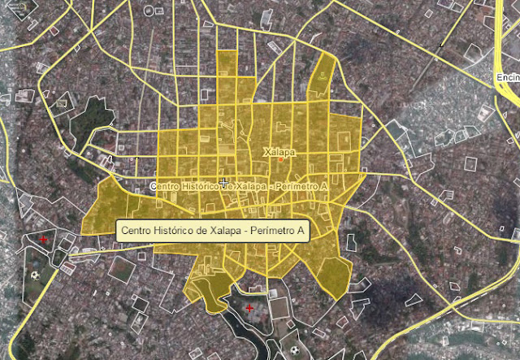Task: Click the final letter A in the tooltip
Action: (301, 232)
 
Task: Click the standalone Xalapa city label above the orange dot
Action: (279, 152)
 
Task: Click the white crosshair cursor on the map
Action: (223, 181)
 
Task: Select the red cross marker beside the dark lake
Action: (249, 309)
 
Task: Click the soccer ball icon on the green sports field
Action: (34, 275)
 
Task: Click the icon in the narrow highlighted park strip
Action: (324, 75)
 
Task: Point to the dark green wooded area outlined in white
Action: (91, 118)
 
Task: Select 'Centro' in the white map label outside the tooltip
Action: (167, 187)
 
